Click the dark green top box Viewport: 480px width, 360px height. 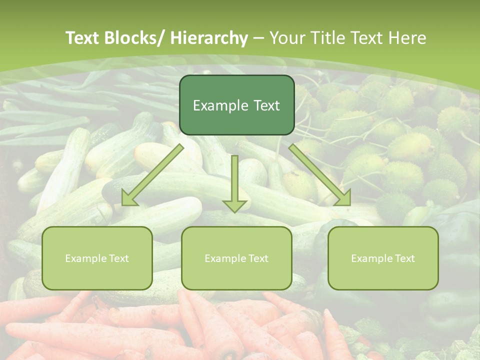click(x=236, y=105)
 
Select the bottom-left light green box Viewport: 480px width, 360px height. click(x=97, y=258)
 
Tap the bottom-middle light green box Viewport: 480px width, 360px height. click(x=236, y=258)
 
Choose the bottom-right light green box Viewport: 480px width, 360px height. click(x=383, y=258)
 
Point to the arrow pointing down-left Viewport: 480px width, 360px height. click(x=152, y=175)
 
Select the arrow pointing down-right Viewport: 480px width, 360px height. click(x=320, y=175)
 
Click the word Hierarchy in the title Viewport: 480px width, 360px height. click(x=209, y=38)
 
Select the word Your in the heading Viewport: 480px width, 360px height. click(x=287, y=38)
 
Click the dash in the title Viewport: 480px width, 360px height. click(x=258, y=38)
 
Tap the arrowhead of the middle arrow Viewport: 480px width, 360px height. click(x=234, y=205)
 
